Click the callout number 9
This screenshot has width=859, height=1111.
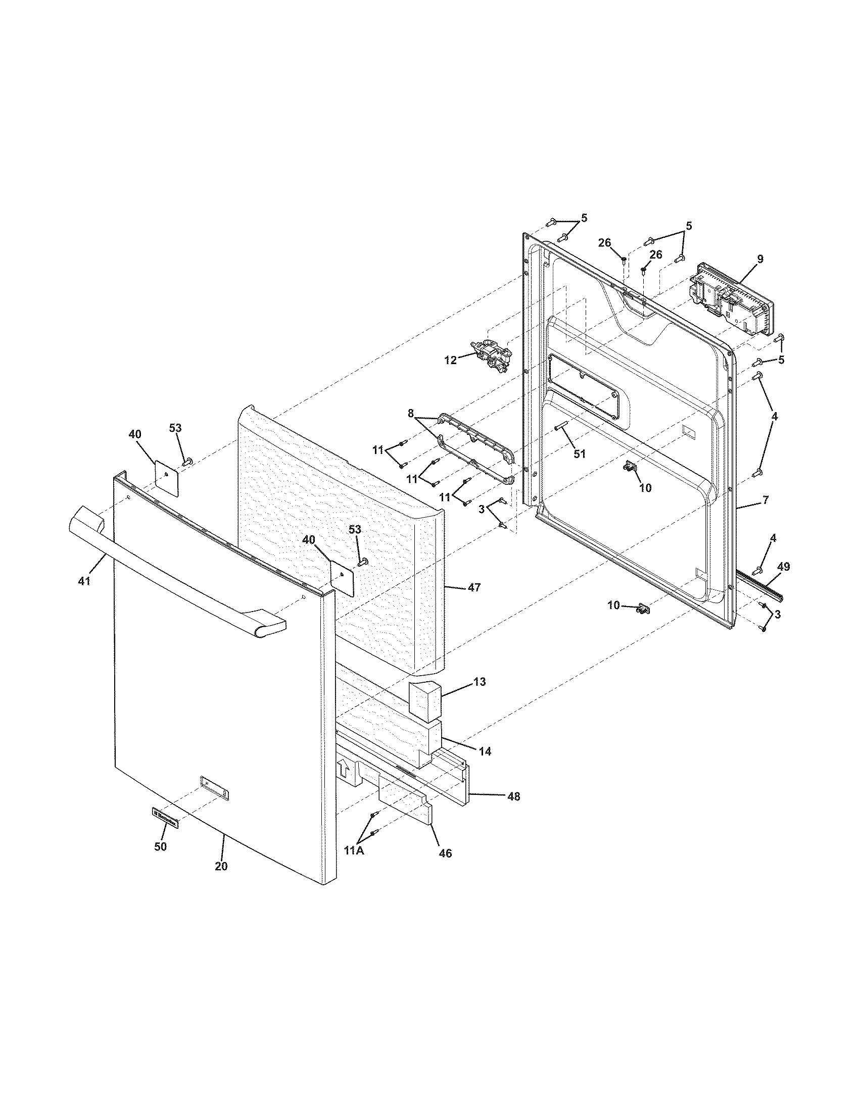click(760, 259)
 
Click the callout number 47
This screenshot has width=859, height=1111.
click(474, 587)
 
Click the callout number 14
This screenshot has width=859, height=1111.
click(485, 751)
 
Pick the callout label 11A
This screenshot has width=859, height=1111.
click(354, 850)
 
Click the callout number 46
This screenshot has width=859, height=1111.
click(445, 853)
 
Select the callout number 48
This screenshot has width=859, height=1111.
click(514, 796)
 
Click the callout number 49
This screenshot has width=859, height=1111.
click(784, 567)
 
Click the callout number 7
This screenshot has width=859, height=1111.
click(766, 500)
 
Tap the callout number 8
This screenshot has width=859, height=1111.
click(411, 414)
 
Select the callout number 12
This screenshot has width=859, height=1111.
click(450, 360)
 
